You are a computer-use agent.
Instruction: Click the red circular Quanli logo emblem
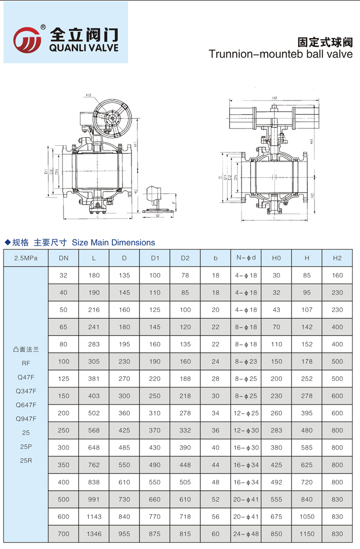point(27,39)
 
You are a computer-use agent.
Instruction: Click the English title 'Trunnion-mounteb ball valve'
point(280,54)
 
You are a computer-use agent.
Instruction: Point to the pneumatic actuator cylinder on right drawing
point(274,114)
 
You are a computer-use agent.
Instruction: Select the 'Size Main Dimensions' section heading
point(113,242)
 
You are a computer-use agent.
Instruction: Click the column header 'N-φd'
point(246,258)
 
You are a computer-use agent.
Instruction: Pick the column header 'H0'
point(276,258)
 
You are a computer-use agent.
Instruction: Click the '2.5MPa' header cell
point(25,258)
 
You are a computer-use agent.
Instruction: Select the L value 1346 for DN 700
point(94,533)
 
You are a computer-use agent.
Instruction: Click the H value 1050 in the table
point(307,516)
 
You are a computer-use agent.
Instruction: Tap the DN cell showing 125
point(63,378)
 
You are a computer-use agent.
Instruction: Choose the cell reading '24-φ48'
point(246,533)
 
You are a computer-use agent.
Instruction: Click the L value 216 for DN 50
point(94,309)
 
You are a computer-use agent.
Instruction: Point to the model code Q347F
point(26,390)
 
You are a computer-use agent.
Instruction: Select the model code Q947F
point(26,418)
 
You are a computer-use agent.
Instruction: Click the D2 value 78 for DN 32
point(185,275)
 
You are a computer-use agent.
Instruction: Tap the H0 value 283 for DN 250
point(276,430)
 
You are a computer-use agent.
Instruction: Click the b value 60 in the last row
point(215,533)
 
